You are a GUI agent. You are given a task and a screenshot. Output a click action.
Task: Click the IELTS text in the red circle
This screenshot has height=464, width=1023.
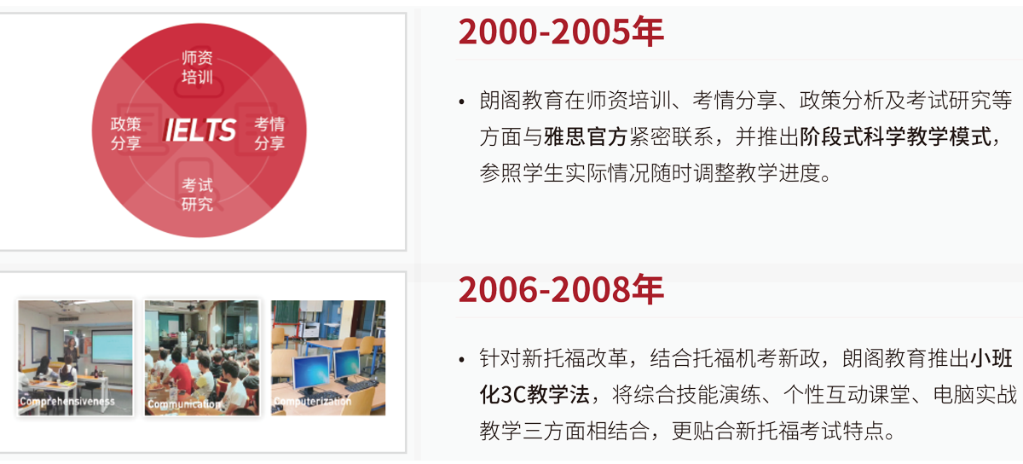click(x=199, y=130)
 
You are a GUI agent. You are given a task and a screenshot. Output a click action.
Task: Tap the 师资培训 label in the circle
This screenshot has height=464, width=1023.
click(x=197, y=67)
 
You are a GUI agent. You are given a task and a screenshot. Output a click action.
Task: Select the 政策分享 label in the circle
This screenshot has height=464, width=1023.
click(x=125, y=133)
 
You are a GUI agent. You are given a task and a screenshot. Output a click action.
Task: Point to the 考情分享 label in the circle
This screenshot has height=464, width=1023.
click(x=269, y=133)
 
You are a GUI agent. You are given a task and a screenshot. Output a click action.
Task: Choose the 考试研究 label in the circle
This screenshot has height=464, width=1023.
click(x=197, y=194)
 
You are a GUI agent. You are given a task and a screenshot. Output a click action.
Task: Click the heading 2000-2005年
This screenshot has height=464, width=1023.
click(x=561, y=32)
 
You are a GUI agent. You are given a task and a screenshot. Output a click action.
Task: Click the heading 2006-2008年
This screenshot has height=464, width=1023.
click(x=561, y=290)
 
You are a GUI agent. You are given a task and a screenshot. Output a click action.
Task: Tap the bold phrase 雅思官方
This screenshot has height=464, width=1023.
click(x=586, y=136)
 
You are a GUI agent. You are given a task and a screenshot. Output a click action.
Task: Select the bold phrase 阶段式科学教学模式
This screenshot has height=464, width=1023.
click(x=896, y=136)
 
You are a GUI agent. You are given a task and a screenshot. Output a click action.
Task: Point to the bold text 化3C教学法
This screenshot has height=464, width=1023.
click(x=535, y=395)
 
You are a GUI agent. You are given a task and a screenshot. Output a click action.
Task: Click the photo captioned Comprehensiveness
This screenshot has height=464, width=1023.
click(x=75, y=358)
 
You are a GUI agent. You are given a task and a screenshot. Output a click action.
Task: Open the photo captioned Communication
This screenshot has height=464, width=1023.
click(x=202, y=358)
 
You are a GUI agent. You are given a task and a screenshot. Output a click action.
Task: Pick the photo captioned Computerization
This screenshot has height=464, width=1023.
click(x=328, y=358)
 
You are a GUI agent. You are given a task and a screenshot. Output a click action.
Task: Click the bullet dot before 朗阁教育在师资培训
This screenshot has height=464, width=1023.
click(x=461, y=102)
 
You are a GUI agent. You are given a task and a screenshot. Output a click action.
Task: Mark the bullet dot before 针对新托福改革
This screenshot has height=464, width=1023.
click(x=461, y=360)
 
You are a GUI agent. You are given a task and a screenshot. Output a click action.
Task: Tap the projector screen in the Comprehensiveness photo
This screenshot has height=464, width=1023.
click(x=112, y=346)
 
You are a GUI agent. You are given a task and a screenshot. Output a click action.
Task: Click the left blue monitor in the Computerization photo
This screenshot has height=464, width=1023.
click(x=311, y=371)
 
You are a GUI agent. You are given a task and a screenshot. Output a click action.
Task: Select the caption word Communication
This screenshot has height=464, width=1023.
click(x=184, y=404)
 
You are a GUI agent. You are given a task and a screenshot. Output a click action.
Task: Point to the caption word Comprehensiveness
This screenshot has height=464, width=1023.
click(x=67, y=402)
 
